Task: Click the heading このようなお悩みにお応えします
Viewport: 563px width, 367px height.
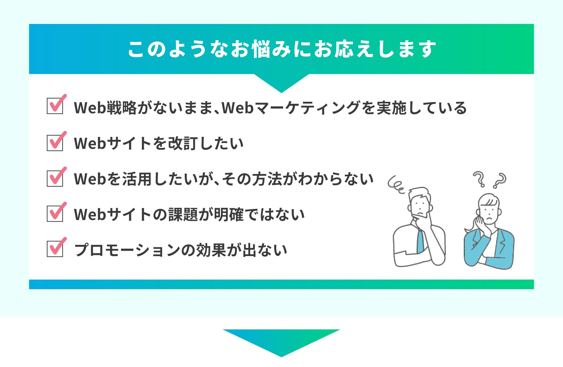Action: point(281,49)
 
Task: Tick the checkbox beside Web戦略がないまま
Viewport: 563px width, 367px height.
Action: point(55,106)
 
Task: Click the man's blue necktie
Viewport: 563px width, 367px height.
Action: point(420,242)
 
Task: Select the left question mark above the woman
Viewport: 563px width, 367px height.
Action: point(479,179)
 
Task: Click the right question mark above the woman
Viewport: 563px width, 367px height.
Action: point(500,180)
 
